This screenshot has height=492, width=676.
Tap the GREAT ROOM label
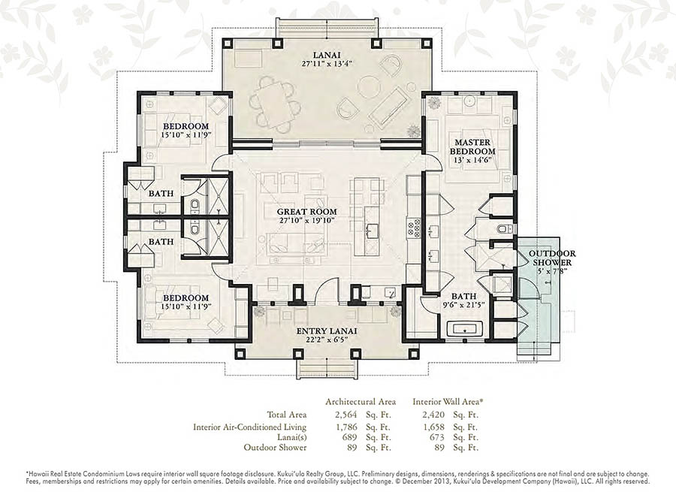306,212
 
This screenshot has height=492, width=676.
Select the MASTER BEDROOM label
472,146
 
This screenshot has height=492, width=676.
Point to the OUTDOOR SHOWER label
552,258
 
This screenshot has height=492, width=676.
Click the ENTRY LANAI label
327,331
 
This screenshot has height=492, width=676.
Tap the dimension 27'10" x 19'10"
307,221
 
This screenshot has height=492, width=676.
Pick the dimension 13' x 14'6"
472,160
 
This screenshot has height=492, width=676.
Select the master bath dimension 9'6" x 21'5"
464,305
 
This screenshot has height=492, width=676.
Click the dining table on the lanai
273,104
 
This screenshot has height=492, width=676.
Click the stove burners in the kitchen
413,228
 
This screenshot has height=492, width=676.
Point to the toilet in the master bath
504,228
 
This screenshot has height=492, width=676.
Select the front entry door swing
327,291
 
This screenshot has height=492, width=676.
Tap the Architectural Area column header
361,402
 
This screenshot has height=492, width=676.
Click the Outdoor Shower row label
275,447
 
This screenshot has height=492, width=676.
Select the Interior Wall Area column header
448,402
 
